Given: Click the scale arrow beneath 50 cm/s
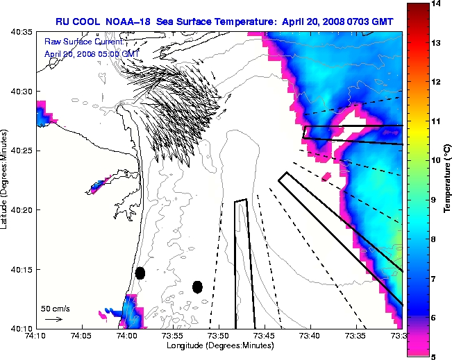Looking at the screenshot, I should pyautogui.click(x=53, y=319).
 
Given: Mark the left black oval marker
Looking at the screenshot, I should pyautogui.click(x=140, y=273).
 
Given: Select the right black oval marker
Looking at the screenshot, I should pyautogui.click(x=197, y=286).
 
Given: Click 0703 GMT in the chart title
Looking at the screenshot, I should pyautogui.click(x=368, y=22).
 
